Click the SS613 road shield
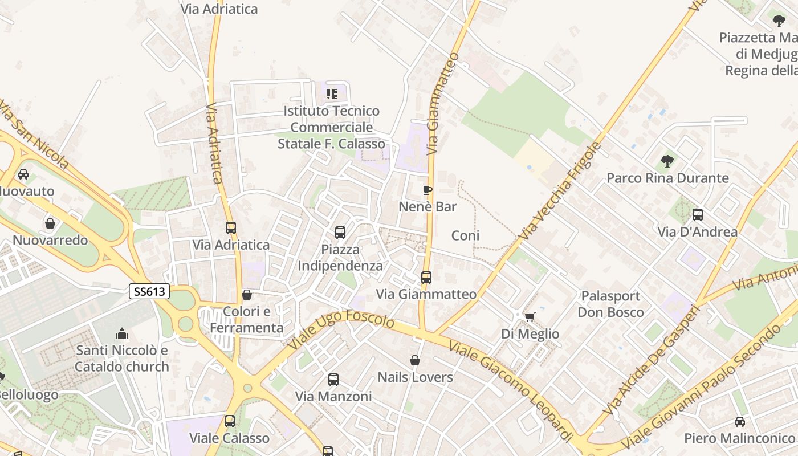pyautogui.click(x=150, y=292)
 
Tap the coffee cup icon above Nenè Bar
pyautogui.click(x=427, y=190)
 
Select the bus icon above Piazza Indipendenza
pyautogui.click(x=340, y=233)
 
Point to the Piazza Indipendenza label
pyautogui.click(x=340, y=258)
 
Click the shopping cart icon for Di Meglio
pyautogui.click(x=530, y=317)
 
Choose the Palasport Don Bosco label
pyautogui.click(x=610, y=304)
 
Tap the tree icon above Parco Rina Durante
pyautogui.click(x=667, y=161)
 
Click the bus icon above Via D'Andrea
pyautogui.click(x=698, y=215)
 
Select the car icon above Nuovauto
pyautogui.click(x=23, y=174)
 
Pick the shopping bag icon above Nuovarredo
pyautogui.click(x=50, y=223)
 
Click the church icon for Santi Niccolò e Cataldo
pyautogui.click(x=122, y=333)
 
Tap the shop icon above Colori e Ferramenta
pyautogui.click(x=247, y=295)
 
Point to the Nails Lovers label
pyautogui.click(x=416, y=377)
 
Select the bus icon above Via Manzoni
pyautogui.click(x=333, y=379)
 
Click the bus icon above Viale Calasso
pyautogui.click(x=230, y=421)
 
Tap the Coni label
pyautogui.click(x=465, y=235)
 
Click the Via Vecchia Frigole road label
pyautogui.click(x=561, y=190)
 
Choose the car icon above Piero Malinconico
pyautogui.click(x=739, y=422)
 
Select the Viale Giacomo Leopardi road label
pyautogui.click(x=510, y=390)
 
